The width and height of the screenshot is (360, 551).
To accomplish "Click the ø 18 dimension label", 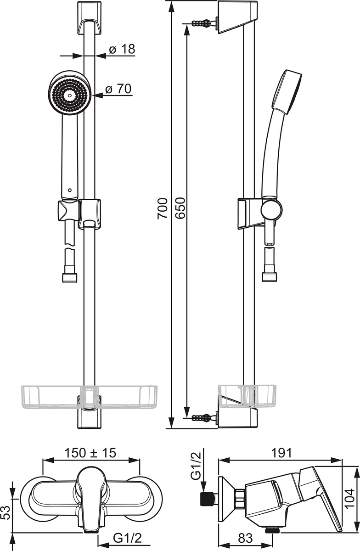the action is (122, 49).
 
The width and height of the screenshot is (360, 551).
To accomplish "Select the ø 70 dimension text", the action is (118, 89).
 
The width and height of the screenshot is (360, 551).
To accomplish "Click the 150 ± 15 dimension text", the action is (90, 453).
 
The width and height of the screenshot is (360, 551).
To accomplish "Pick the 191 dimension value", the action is (281, 453).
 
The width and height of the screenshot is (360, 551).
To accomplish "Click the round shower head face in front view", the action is (70, 93).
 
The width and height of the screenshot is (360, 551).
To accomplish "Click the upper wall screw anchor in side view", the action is (201, 23).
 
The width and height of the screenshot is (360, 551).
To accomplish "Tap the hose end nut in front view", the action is (69, 278).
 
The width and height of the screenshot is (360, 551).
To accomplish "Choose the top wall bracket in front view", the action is (90, 18).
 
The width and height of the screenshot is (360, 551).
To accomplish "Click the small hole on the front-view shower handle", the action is (70, 190).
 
